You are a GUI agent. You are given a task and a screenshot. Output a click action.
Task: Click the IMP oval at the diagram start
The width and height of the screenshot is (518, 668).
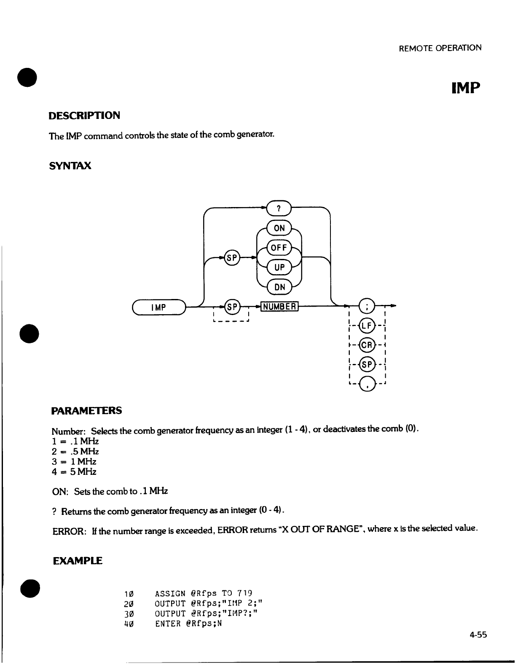(158, 307)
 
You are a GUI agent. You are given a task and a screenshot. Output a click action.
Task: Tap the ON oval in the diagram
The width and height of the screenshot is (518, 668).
(279, 228)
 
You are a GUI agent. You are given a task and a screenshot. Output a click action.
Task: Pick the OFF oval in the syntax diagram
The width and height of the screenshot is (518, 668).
(279, 248)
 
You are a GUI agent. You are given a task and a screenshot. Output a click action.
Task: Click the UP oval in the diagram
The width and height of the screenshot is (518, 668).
(279, 267)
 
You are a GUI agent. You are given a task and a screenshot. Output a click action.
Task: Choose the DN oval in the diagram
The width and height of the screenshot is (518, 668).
(279, 287)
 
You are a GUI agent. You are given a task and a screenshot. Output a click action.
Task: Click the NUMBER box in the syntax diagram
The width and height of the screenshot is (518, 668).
(280, 306)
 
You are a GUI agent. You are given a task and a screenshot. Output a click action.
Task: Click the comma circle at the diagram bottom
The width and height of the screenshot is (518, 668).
(366, 384)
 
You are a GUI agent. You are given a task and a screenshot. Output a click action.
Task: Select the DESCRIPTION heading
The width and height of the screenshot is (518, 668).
(85, 116)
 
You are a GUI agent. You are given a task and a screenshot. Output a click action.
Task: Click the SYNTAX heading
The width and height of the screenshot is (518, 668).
(70, 166)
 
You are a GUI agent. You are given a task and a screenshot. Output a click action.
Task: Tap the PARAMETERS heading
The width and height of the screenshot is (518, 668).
(87, 410)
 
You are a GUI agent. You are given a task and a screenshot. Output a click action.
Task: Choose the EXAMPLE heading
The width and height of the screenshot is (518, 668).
(78, 561)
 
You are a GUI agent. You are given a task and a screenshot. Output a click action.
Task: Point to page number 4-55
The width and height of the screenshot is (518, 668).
(478, 635)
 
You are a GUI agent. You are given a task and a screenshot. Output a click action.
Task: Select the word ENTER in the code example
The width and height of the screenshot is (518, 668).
(168, 623)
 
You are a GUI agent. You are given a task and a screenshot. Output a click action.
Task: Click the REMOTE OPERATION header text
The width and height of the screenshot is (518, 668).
(440, 48)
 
